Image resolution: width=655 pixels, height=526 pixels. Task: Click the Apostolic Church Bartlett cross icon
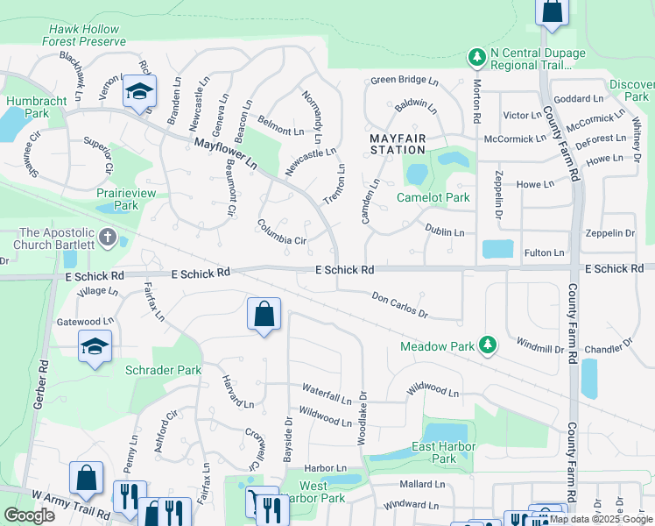108,237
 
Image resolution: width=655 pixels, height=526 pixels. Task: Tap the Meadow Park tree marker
489,346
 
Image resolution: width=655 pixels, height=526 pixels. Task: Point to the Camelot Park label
433,197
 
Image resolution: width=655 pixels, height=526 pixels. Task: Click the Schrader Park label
163,370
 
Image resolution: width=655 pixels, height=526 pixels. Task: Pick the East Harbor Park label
444,452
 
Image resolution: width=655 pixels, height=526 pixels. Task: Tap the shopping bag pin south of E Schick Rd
264,315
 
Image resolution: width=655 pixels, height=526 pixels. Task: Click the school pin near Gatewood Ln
95,347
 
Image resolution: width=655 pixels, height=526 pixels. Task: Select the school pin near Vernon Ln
139,92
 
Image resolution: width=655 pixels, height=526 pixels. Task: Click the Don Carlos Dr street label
399,306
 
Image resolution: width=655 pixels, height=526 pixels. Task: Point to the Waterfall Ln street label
326,388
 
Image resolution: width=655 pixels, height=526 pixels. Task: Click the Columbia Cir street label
281,233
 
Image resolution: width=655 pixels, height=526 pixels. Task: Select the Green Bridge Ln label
398,80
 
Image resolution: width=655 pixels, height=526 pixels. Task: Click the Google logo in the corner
29,515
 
